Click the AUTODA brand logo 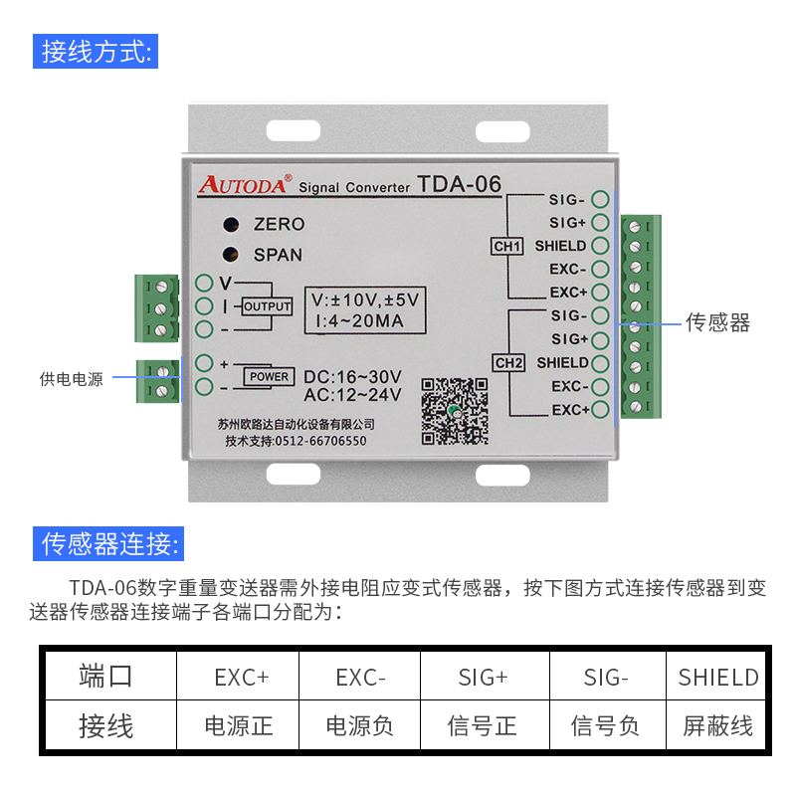pos(244,183)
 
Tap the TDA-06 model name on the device pos(459,184)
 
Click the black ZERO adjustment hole pos(231,224)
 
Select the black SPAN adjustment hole pos(231,255)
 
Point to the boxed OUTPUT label pos(268,306)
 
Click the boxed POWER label pos(269,377)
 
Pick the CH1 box pos(507,246)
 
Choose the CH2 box pos(507,363)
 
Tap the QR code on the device pos(454,410)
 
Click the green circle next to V pos(204,283)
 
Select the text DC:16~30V pos(352,377)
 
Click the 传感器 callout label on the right pos(717,322)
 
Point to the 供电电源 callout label pos(71,379)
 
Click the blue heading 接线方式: pos(96,51)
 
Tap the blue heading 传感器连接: pos(109,543)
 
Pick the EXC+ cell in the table pos(241,678)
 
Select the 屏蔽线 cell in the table pos(717,726)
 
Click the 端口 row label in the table pos(105,678)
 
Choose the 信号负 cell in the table pos(604,726)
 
